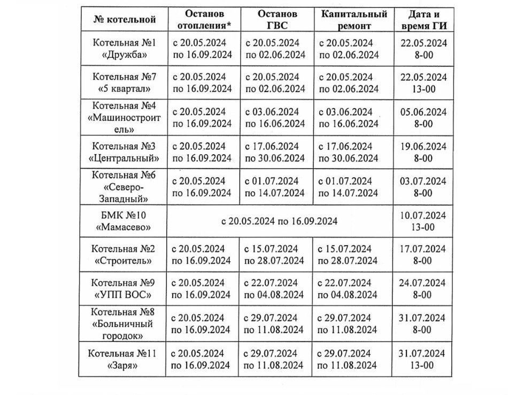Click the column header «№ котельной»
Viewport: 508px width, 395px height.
(124, 20)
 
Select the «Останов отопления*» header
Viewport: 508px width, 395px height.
(204, 20)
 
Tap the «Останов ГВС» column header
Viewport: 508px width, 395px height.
(277, 20)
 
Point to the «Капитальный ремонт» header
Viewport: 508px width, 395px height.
(353, 20)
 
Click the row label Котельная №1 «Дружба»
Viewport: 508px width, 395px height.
(124, 48)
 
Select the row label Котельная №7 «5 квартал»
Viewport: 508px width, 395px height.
(124, 82)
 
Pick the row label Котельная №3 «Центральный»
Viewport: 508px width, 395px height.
(124, 151)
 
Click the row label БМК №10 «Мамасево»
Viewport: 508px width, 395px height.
(124, 221)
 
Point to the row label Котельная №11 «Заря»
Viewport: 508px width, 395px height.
(124, 359)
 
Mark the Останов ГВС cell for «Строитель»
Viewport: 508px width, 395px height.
(275, 255)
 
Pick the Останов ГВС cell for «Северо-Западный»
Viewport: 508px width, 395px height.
(275, 186)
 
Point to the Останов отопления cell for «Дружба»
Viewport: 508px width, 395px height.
(202, 48)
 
